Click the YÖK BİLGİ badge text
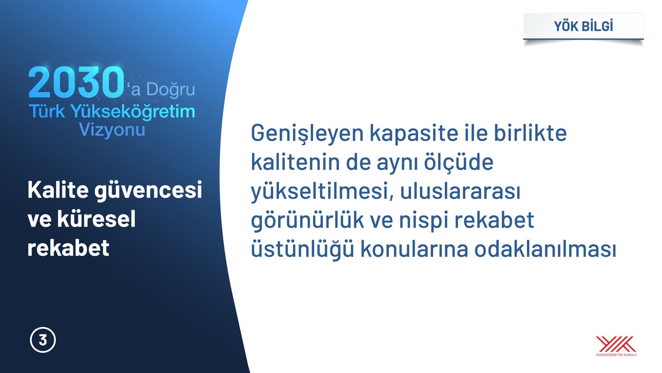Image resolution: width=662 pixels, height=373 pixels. (x=583, y=26)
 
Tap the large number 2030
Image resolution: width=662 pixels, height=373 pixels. (x=76, y=82)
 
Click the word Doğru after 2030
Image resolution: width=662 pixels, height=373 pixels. (x=171, y=90)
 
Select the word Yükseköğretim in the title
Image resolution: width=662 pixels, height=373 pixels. (x=133, y=111)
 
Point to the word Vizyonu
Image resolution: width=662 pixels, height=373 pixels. (x=112, y=129)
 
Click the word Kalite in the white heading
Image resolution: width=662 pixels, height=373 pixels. (x=58, y=189)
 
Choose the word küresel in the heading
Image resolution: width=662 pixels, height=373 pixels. (x=96, y=219)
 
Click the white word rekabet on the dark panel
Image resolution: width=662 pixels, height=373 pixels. (x=68, y=247)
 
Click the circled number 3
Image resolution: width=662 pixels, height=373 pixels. (x=43, y=340)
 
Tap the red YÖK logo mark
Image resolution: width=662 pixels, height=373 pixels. (x=616, y=344)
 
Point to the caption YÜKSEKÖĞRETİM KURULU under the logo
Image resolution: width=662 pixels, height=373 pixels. (x=616, y=355)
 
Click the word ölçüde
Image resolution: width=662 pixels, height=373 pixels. (x=459, y=162)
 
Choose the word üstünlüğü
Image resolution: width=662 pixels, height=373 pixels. (x=302, y=249)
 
